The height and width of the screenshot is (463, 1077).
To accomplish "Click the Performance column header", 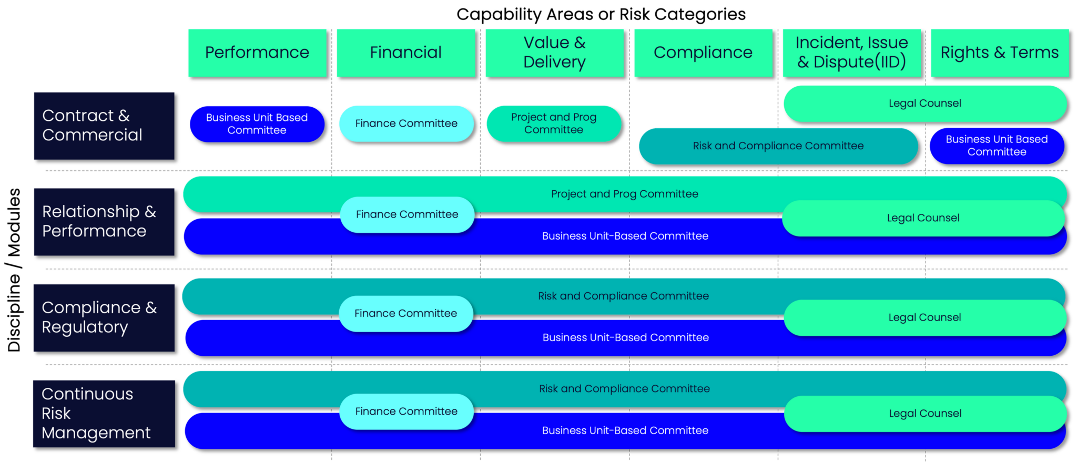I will coord(257,53).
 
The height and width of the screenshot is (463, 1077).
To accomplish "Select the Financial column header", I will coord(405,53).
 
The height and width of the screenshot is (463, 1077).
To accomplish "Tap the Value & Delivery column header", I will coord(554,53).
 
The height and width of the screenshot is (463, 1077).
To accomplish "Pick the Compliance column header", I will coord(703,53).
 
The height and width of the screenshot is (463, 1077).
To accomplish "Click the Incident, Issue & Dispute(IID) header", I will coord(851,53).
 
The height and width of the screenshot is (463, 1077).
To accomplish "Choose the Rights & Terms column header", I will coord(999,53).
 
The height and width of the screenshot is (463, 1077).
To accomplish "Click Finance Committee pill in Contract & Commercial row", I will coord(406,124).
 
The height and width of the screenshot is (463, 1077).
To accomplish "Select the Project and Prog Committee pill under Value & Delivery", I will coord(553,124).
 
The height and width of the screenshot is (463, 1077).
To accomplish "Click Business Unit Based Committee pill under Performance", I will coord(257,124).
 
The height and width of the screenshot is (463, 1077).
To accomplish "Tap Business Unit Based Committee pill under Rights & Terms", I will coord(997,146).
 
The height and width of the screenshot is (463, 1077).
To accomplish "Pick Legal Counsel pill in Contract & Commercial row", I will coord(924,104).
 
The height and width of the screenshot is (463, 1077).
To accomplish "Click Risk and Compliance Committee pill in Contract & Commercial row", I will coord(778,146).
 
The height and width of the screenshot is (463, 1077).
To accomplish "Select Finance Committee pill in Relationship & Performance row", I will coord(407,214).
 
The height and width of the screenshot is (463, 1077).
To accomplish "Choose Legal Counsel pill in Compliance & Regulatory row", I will coord(924,317).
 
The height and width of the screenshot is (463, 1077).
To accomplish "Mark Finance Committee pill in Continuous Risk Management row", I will coord(406,411).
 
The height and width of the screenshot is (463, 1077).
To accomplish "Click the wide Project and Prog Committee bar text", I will coord(624,194).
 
